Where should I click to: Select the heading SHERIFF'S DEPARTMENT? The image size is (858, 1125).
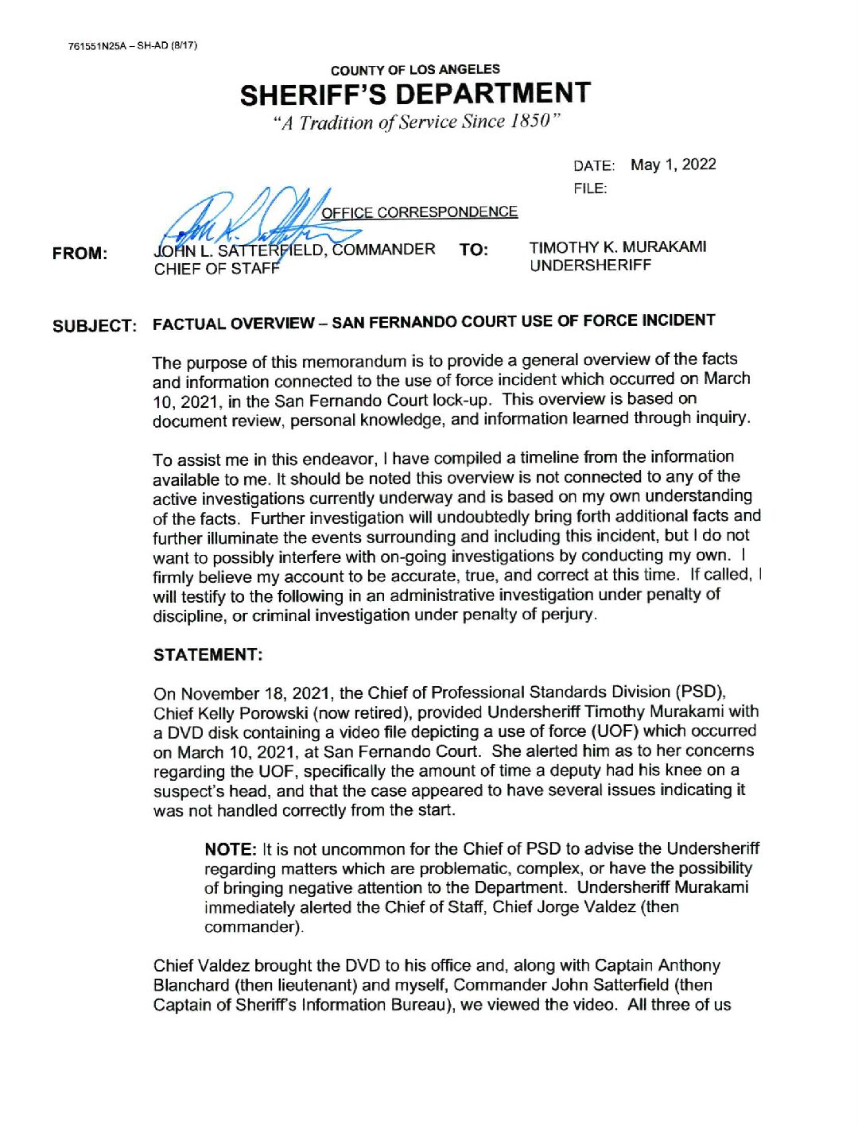point(415,95)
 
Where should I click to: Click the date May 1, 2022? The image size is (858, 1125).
point(673,165)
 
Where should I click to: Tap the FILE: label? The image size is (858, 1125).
point(589,188)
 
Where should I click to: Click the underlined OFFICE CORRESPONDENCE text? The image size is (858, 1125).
point(419,212)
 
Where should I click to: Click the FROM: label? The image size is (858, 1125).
point(80,254)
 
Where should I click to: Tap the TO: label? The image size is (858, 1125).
point(474,250)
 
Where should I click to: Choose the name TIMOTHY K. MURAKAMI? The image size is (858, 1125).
point(618,247)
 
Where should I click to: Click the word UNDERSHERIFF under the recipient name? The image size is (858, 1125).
point(590,266)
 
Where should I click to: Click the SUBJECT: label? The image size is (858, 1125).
point(95,326)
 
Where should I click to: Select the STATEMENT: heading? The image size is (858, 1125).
point(208,655)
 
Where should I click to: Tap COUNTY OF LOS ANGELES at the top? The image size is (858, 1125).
point(415,70)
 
